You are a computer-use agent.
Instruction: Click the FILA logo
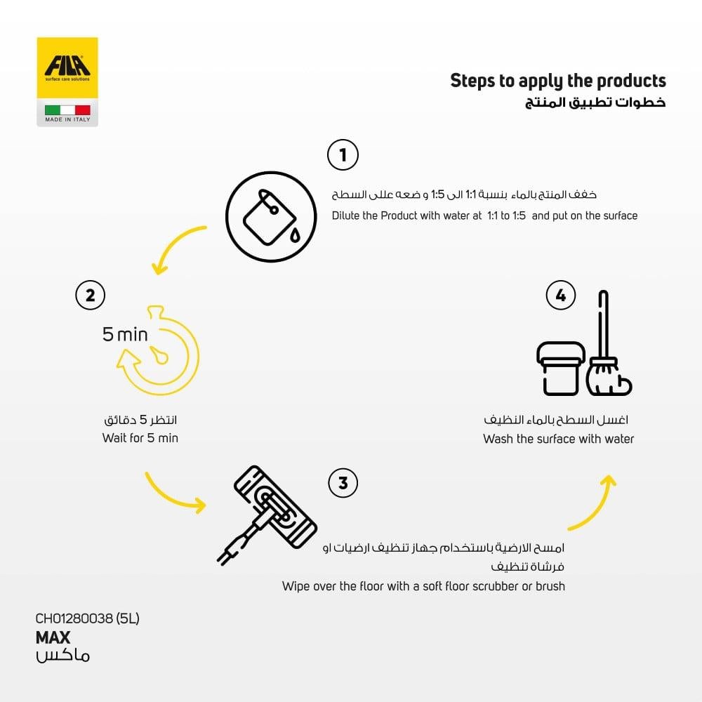click(67, 68)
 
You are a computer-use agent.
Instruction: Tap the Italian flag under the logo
click(67, 110)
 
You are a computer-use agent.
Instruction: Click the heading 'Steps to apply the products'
click(557, 80)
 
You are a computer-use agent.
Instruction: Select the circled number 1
click(343, 155)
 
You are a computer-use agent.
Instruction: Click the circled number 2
click(90, 295)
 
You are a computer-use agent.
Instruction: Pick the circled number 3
click(343, 482)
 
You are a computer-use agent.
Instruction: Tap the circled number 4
click(560, 296)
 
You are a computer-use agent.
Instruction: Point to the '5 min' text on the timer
click(125, 334)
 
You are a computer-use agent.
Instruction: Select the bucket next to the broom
click(560, 367)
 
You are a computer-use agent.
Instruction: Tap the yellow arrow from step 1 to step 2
click(175, 249)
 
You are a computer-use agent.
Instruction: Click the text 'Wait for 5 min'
click(140, 438)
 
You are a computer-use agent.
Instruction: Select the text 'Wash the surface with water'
click(558, 439)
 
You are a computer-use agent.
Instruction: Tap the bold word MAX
click(53, 637)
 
